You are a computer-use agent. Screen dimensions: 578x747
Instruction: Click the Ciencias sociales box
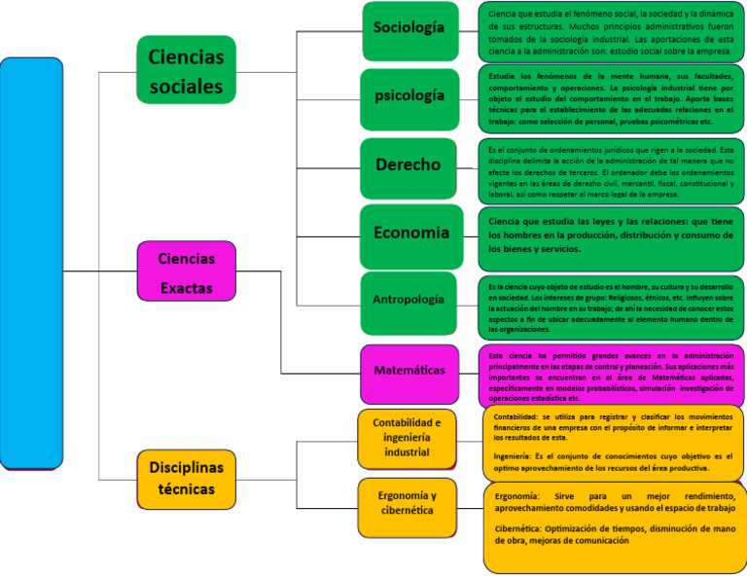coord(186,72)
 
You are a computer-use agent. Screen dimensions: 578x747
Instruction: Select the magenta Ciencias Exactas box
coord(186,271)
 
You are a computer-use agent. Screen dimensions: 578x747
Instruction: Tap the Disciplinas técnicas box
coord(186,478)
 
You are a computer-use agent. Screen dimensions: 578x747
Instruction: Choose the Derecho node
coord(409,166)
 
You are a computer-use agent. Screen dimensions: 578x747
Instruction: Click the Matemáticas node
coord(409,372)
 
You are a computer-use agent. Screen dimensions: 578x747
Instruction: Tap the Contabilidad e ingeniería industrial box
coord(407,437)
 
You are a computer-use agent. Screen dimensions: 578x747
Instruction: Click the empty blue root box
coord(31,263)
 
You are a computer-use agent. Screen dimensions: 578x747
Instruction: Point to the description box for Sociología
coord(611,30)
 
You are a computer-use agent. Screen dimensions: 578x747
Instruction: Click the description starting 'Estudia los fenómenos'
coord(611,99)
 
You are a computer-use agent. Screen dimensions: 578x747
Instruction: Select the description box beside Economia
coord(611,236)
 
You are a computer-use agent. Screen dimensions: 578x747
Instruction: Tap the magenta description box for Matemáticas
coord(611,375)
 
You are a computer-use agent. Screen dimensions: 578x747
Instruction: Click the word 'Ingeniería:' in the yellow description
coord(512,456)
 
